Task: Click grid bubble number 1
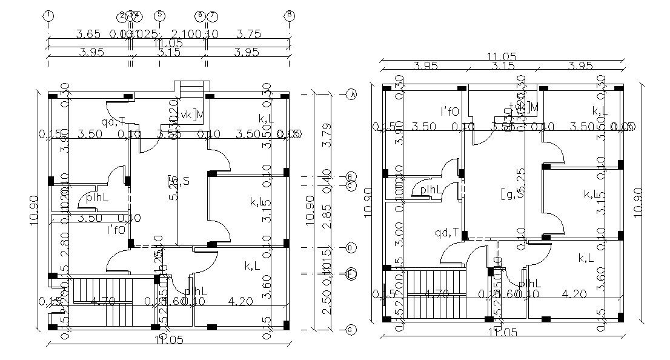pyautogui.click(x=48, y=15)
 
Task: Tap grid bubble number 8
pyautogui.click(x=290, y=15)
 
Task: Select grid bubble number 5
pyautogui.click(x=159, y=15)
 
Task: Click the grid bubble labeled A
pyautogui.click(x=351, y=94)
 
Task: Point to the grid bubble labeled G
pyautogui.click(x=351, y=329)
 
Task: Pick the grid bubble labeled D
pyautogui.click(x=351, y=248)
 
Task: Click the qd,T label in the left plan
pyautogui.click(x=113, y=121)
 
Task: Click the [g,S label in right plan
pyautogui.click(x=512, y=194)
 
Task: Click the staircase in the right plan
pyautogui.click(x=436, y=295)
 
